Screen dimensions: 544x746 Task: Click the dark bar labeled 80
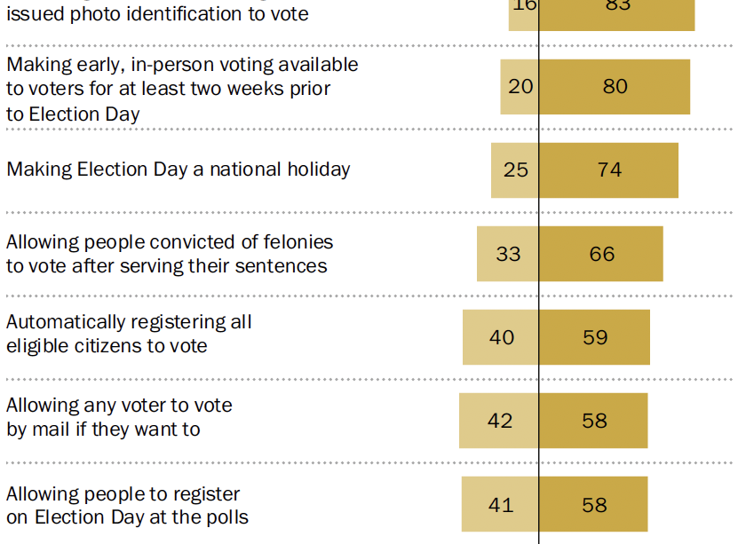point(615,87)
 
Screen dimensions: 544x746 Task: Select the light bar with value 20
point(520,87)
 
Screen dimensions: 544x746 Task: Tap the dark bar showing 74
point(609,170)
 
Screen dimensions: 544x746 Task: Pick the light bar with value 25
point(515,170)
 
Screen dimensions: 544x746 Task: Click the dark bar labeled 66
point(601,254)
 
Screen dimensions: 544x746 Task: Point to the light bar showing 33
point(508,254)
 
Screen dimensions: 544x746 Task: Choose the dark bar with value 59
point(595,337)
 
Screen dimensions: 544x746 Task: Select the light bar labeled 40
point(501,337)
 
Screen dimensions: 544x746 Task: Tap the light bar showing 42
point(499,421)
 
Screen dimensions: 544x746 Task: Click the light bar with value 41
point(500,504)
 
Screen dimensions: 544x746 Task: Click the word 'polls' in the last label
point(225,517)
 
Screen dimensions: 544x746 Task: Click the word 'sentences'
point(283,266)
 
